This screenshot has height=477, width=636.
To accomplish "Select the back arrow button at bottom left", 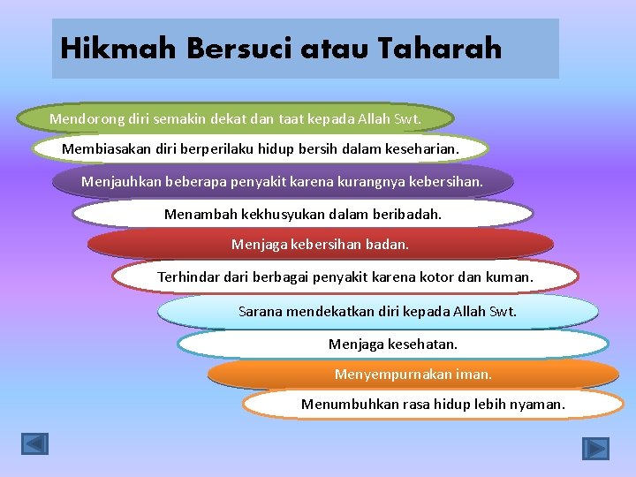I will pyautogui.click(x=35, y=443).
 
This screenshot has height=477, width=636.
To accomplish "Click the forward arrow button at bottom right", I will pyautogui.click(x=595, y=448).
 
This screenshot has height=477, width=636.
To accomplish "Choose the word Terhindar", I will pyautogui.click(x=187, y=277).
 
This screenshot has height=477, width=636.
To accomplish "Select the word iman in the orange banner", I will pyautogui.click(x=473, y=374).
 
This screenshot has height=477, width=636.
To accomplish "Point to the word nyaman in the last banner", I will pyautogui.click(x=538, y=405).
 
